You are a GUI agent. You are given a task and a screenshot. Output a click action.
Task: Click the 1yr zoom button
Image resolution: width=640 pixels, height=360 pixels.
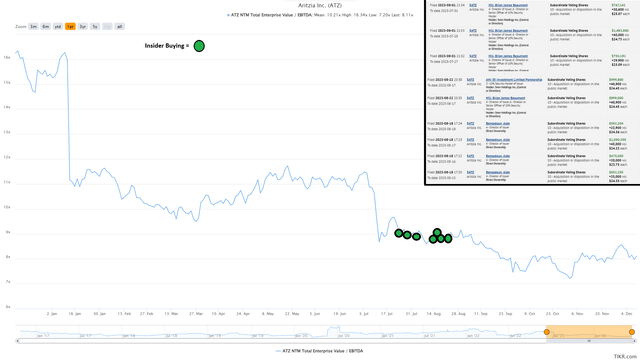click(x=70, y=26)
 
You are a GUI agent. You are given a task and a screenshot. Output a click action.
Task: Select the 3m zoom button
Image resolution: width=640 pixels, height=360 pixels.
click(x=34, y=26)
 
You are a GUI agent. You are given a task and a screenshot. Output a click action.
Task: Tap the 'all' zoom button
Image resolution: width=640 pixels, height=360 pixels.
click(x=119, y=26)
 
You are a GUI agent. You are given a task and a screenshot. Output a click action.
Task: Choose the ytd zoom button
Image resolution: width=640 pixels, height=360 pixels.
click(x=58, y=26)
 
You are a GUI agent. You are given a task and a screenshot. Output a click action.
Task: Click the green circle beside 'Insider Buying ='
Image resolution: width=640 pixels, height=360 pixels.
click(x=199, y=46)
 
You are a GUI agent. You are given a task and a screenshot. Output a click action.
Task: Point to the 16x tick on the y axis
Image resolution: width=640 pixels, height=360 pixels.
click(x=6, y=57)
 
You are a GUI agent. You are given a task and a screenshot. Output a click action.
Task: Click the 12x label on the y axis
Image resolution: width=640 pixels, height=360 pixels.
click(x=6, y=157)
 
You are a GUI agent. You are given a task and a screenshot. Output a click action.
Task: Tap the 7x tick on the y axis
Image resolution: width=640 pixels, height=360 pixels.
click(x=6, y=282)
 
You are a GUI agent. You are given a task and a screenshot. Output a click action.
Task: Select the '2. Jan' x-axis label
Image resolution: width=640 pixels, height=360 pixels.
click(x=53, y=314)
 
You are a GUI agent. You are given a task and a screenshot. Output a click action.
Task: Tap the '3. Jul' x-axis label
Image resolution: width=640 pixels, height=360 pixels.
click(x=360, y=314)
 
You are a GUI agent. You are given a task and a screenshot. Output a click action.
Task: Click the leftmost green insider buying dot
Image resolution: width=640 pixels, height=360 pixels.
click(x=399, y=233)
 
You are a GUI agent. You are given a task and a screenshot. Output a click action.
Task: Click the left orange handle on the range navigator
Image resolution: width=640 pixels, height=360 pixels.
click(x=547, y=332)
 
